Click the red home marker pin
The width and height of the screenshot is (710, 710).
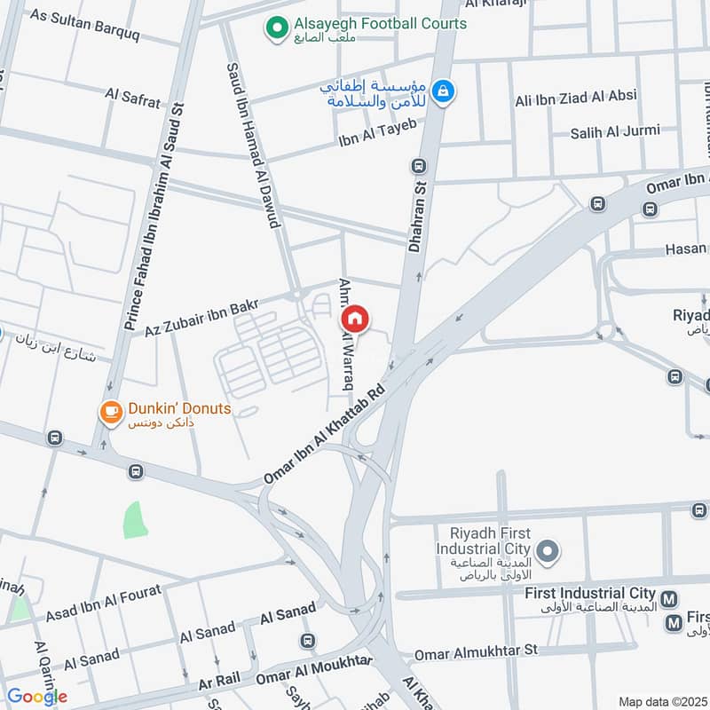tap(355, 319)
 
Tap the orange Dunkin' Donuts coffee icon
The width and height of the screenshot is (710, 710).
tap(110, 410)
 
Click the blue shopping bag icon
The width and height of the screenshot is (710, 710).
tap(445, 91)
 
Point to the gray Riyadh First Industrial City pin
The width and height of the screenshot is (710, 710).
tap(548, 553)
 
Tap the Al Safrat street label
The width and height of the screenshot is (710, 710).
tap(133, 97)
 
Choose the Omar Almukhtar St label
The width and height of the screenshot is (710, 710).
tap(477, 652)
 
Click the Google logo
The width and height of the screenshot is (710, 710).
tap(36, 697)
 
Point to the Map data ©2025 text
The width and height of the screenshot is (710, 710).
tap(662, 701)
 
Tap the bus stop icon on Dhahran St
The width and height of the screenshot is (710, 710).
tap(418, 165)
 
